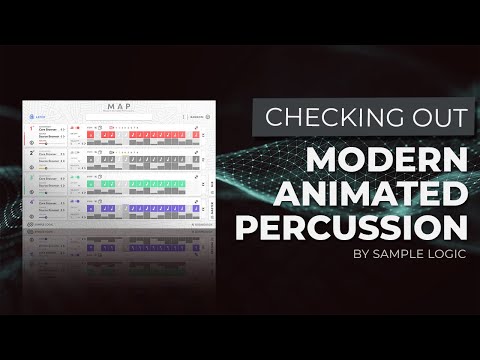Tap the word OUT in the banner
point(434,117)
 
